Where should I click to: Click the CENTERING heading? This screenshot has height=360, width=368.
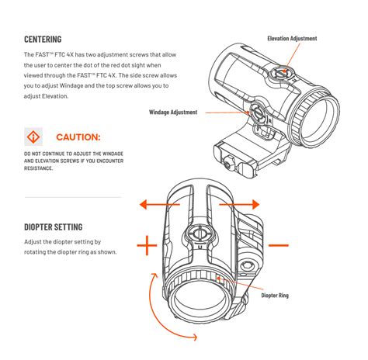43,40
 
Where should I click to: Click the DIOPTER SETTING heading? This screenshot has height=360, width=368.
54,227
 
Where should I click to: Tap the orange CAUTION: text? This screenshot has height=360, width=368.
78,137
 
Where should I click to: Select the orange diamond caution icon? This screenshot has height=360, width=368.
33,137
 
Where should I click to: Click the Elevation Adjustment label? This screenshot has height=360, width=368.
292,39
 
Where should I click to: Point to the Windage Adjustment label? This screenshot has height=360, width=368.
173,112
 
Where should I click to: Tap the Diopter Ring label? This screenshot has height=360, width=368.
275,296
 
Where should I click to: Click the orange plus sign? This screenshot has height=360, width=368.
147,245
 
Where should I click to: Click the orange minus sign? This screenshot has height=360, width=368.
279,245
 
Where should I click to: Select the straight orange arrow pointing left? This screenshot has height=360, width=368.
159,205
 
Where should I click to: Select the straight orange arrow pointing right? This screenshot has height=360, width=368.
239,205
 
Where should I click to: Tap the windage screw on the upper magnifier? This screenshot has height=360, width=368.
259,113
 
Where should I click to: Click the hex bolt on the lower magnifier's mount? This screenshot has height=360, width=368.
245,265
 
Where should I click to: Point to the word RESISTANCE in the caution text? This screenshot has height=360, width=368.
38,168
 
